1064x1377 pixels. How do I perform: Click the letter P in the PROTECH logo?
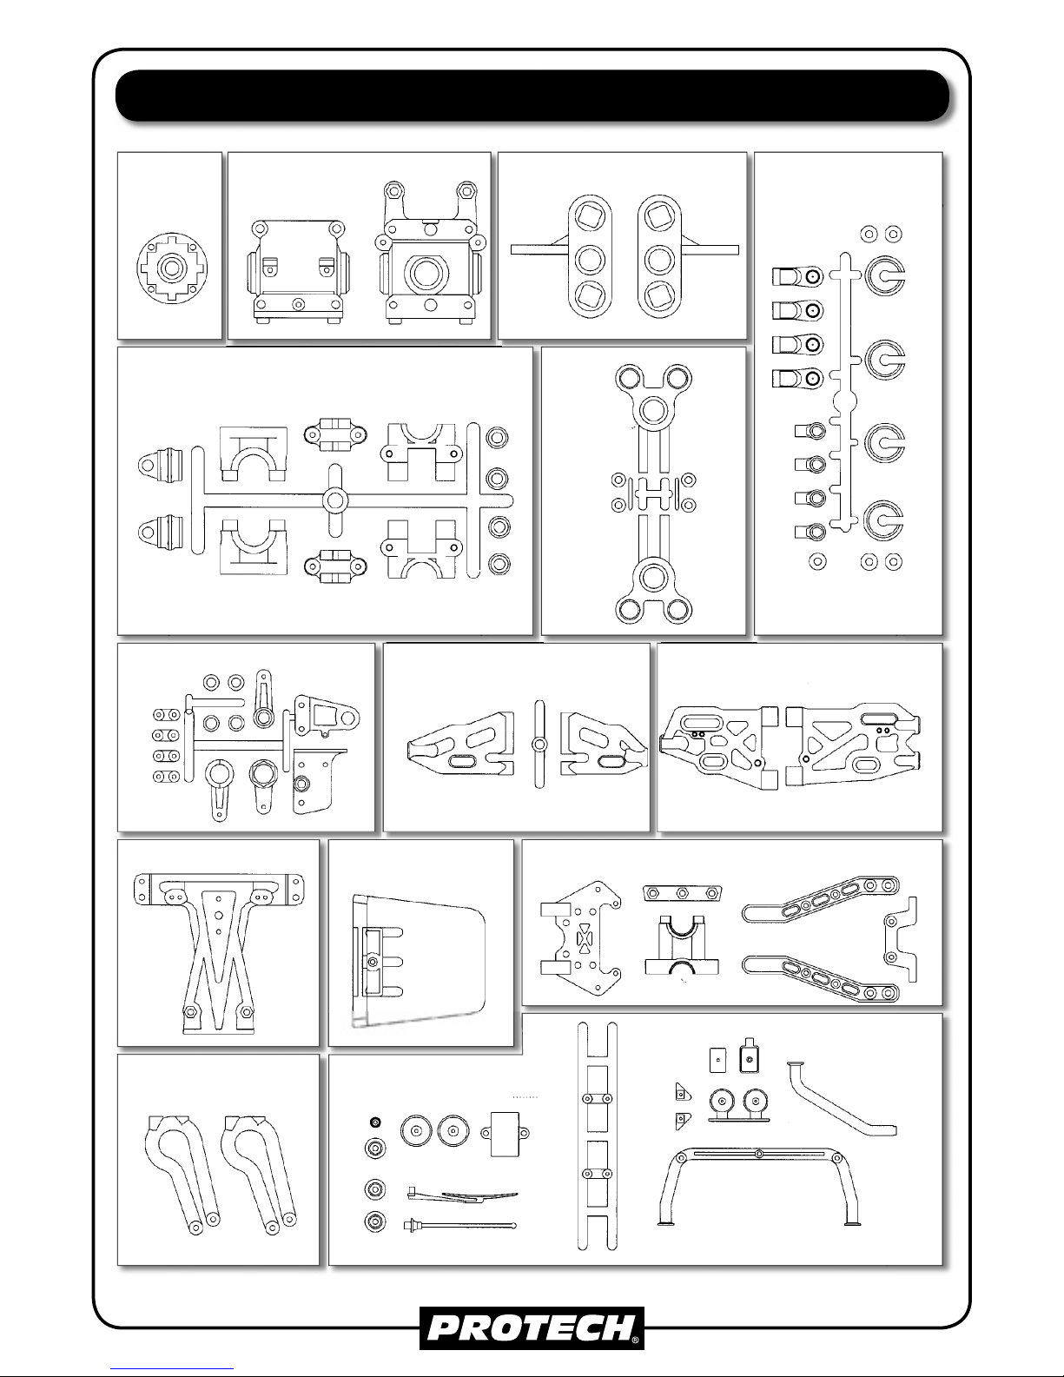(446, 1329)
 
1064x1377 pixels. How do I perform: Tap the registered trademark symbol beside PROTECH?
(635, 1341)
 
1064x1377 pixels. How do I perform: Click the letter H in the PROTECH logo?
(617, 1329)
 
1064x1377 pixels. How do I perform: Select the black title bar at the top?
(532, 96)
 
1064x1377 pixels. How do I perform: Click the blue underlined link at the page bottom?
(172, 1369)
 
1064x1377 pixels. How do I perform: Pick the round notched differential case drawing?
(172, 268)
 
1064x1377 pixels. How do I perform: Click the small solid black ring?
(375, 1123)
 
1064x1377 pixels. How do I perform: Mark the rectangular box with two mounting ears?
(505, 1134)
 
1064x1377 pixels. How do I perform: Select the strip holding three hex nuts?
(682, 893)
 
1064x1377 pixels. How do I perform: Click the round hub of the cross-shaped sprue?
(335, 501)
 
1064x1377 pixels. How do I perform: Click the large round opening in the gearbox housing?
(430, 274)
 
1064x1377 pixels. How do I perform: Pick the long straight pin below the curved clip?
(459, 1226)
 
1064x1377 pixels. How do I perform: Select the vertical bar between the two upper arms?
(539, 744)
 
